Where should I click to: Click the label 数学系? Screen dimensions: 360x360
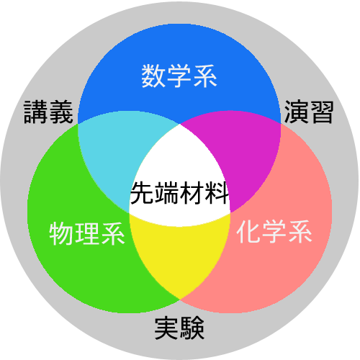pos(179,76)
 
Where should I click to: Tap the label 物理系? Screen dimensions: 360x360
pos(87,233)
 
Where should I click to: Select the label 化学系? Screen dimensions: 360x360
pos(274,231)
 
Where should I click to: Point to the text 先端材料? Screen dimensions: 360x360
pos(179,193)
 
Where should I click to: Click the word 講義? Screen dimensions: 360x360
pos(48,112)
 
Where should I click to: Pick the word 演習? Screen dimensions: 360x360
pos(309,112)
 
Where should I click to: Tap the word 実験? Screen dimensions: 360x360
pos(179,328)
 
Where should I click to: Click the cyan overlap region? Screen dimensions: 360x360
pos(113,153)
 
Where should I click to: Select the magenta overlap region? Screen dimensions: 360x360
pos(247,153)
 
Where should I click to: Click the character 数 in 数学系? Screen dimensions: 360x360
pos(153,76)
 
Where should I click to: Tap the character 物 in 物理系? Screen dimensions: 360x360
pos(61,233)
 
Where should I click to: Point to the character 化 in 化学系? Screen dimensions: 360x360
pos(248,231)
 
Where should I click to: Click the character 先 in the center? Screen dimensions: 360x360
pos(143,193)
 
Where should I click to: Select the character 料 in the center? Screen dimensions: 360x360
pos(217,193)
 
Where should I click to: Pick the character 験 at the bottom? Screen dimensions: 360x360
pos(192,328)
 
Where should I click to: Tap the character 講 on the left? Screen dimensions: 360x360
pos(36,112)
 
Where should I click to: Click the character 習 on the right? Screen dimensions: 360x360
pos(322,112)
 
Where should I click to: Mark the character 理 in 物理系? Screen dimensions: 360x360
pos(87,233)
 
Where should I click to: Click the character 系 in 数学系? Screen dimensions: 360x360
pos(205,76)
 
